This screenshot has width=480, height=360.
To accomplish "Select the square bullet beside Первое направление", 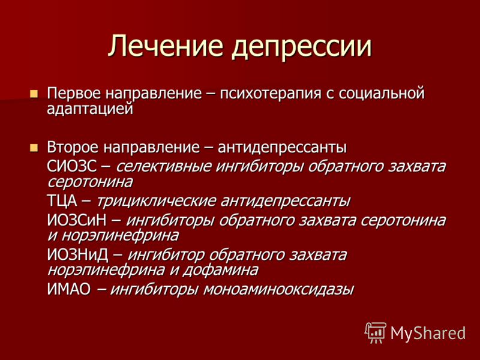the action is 34,94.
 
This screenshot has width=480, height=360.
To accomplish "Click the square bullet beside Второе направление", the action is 34,148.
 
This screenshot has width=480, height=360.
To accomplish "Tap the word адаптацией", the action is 90,109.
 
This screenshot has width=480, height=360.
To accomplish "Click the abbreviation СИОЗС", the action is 72,166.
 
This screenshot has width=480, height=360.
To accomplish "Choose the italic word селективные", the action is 164,166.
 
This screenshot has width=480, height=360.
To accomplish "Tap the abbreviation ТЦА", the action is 62,201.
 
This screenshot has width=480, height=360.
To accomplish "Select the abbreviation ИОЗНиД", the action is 78,254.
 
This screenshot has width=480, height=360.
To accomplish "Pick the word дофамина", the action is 220,269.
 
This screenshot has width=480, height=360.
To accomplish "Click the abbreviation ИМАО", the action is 69,289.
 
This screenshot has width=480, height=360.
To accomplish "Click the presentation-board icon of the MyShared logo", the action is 376,332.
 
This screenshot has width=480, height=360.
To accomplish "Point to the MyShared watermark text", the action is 428,332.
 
